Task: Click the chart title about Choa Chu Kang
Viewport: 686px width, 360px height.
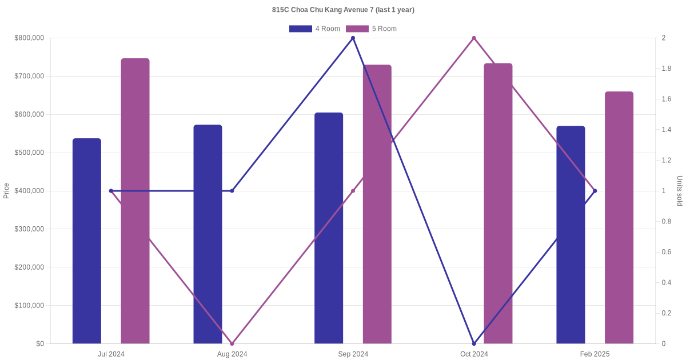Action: (343, 10)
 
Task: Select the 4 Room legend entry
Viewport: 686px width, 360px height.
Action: (314, 29)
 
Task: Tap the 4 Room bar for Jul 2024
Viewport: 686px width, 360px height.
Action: (87, 240)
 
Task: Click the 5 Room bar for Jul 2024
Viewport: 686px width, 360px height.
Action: (135, 200)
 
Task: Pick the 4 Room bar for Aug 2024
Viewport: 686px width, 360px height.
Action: (208, 234)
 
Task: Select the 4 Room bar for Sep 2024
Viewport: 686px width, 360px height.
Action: (329, 229)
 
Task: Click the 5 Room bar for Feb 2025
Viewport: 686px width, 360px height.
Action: (619, 217)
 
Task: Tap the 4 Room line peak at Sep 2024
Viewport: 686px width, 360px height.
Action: (353, 38)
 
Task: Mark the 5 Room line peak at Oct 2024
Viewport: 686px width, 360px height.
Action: (474, 38)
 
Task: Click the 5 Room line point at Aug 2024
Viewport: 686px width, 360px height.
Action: (232, 343)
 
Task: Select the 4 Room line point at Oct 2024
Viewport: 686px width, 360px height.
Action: (474, 343)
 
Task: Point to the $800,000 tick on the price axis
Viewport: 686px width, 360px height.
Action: (29, 38)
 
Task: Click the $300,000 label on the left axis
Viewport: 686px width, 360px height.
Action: (29, 229)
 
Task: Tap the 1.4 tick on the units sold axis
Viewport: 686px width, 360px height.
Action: (666, 130)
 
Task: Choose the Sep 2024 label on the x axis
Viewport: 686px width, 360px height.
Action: (353, 354)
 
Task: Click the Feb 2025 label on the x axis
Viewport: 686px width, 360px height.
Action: (595, 354)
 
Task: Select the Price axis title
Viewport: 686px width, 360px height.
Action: (6, 191)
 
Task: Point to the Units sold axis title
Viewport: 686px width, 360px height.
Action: (680, 191)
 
